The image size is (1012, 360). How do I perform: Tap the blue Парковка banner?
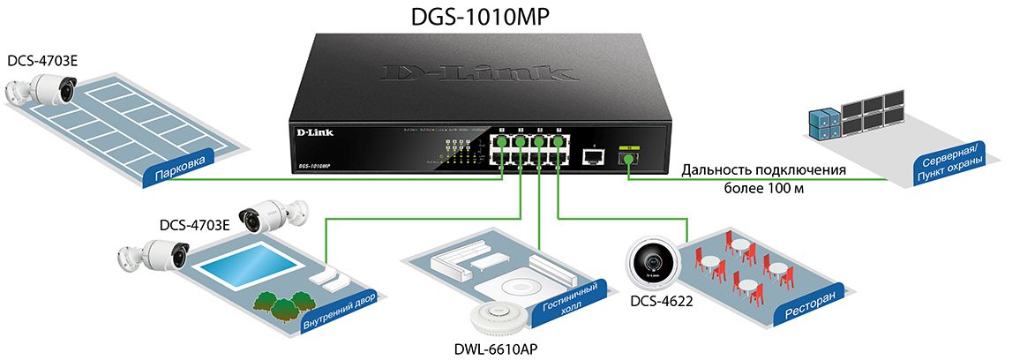point(180,167)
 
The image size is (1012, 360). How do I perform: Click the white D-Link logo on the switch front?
point(309,134)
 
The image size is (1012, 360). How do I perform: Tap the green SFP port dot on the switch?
point(627,156)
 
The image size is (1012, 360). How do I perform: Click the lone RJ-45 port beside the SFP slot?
point(594,157)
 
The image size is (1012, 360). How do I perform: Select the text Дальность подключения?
point(764,170)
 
